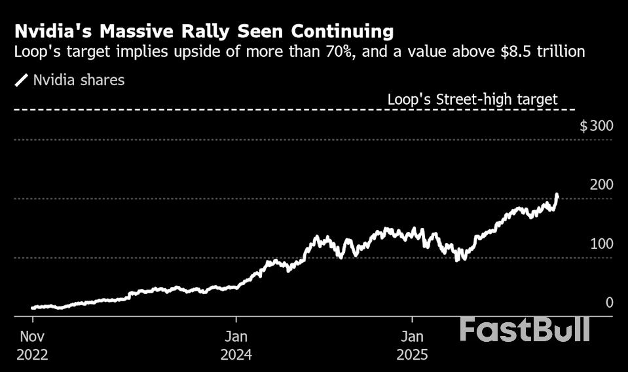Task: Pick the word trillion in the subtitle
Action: tap(562, 51)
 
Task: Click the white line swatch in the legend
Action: tap(22, 81)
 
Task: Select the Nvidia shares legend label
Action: tap(79, 81)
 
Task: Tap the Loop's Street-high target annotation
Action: tap(472, 100)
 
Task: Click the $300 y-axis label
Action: tap(596, 126)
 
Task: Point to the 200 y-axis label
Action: tap(601, 185)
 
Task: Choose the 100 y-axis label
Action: tap(601, 244)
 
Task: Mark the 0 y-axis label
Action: tap(609, 303)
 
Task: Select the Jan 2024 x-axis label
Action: tap(236, 346)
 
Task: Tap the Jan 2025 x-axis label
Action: tap(413, 346)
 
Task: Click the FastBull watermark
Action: tap(525, 329)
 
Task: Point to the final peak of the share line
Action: tap(557, 195)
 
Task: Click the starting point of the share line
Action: tap(33, 307)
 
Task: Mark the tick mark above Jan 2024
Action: tap(236, 320)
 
